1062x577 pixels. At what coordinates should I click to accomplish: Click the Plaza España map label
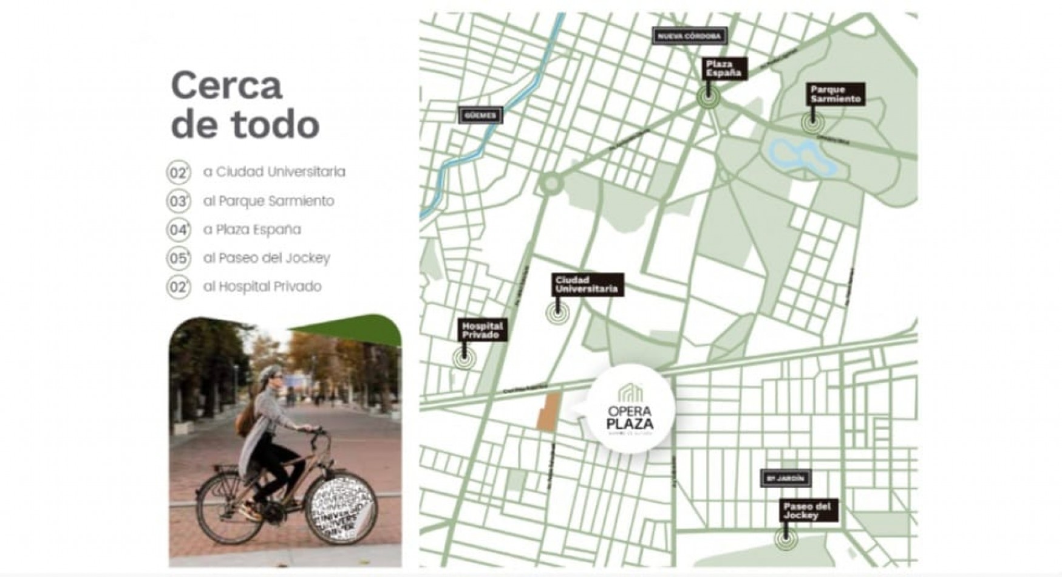pyautogui.click(x=724, y=69)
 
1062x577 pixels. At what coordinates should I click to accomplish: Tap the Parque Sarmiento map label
pyautogui.click(x=836, y=94)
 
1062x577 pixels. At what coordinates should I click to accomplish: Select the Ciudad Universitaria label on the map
pyautogui.click(x=587, y=284)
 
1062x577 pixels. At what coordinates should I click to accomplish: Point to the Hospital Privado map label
pyautogui.click(x=482, y=330)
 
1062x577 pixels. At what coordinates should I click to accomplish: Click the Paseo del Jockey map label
pyautogui.click(x=808, y=511)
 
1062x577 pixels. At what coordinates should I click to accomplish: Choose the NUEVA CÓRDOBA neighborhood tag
pyautogui.click(x=689, y=36)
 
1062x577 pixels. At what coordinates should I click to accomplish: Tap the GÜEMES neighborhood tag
pyautogui.click(x=480, y=115)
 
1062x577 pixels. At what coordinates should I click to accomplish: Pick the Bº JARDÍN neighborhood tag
pyautogui.click(x=785, y=479)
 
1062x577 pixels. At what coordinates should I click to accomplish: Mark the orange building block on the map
pyautogui.click(x=549, y=412)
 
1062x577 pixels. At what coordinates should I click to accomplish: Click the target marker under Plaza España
pyautogui.click(x=708, y=96)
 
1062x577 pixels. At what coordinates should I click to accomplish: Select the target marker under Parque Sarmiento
pyautogui.click(x=812, y=123)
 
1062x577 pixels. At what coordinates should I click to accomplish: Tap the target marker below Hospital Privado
pyautogui.click(x=464, y=358)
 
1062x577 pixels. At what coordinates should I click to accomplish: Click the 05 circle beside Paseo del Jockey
pyautogui.click(x=179, y=258)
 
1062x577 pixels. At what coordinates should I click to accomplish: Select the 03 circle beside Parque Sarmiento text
pyautogui.click(x=179, y=201)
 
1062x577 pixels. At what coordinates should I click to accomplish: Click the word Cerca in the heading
pyautogui.click(x=226, y=86)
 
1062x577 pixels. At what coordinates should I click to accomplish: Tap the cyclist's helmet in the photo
pyautogui.click(x=270, y=372)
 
